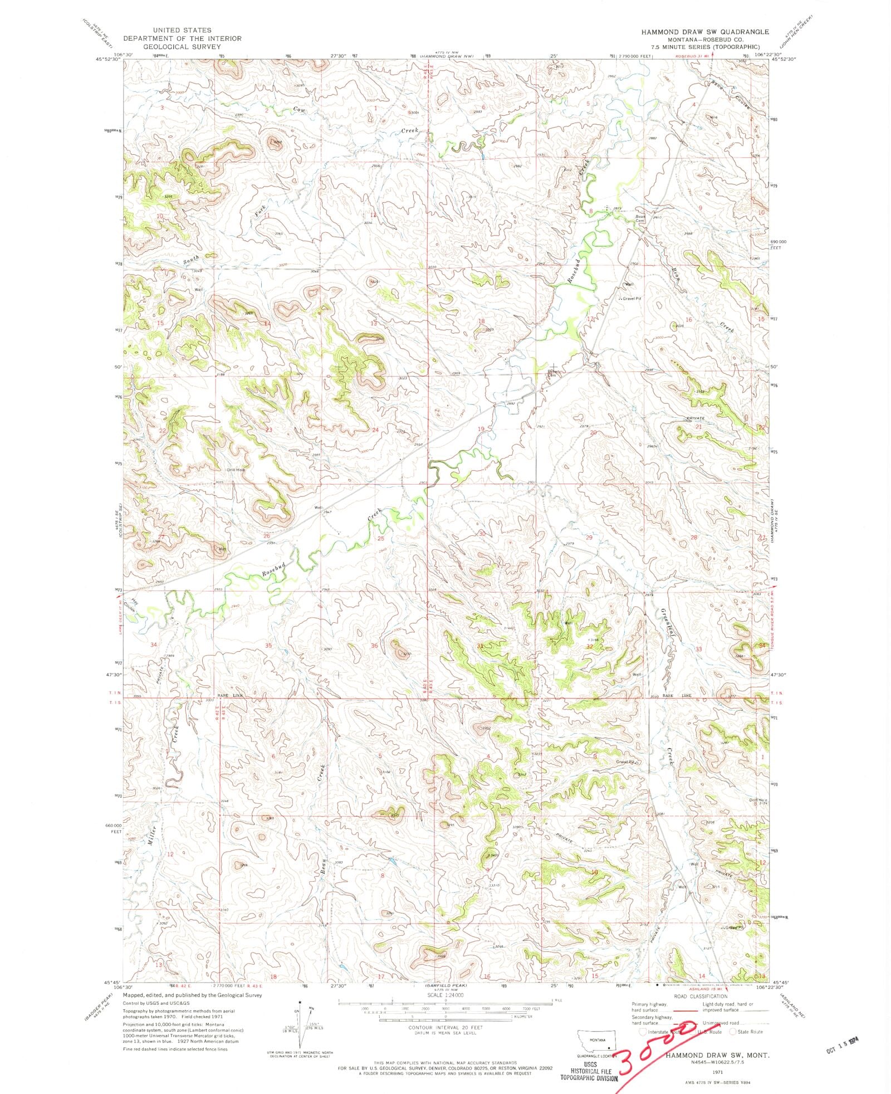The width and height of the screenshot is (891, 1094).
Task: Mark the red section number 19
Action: tap(481, 429)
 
